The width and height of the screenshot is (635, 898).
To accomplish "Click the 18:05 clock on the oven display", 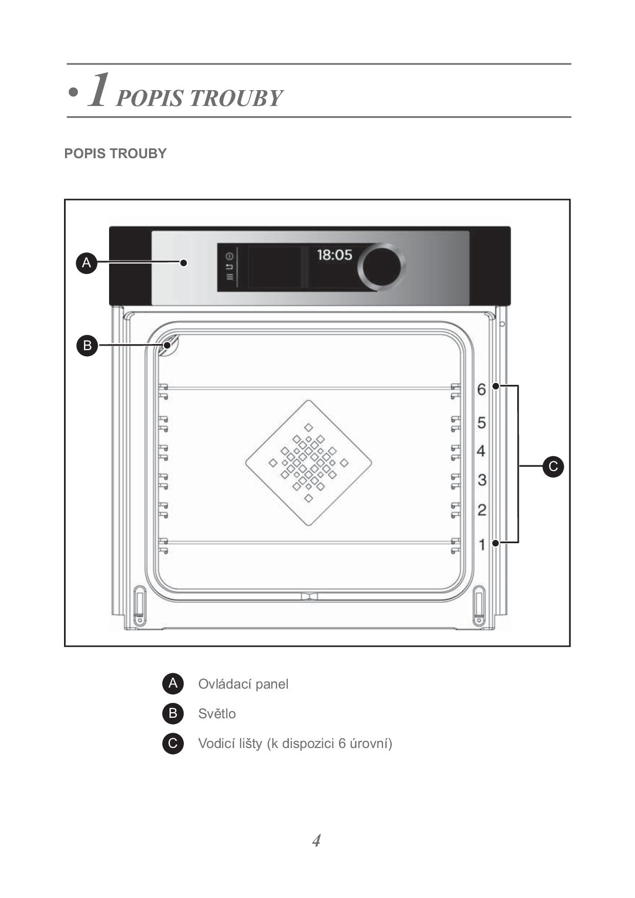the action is tap(334, 254).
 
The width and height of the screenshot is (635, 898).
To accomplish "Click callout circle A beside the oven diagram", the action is tap(87, 263).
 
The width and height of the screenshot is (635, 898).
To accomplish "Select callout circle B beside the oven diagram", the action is tap(87, 345).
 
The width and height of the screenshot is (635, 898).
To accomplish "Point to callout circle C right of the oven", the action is tap(553, 466).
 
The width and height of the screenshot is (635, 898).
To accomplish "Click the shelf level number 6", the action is tap(481, 390).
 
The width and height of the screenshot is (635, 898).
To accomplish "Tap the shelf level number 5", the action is tap(481, 423).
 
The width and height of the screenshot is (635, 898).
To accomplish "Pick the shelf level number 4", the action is tap(481, 451).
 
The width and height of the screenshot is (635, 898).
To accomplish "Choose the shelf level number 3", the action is tap(481, 480).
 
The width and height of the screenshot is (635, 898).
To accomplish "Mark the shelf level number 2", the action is tap(481, 510).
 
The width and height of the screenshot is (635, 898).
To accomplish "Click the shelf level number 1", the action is tap(482, 545).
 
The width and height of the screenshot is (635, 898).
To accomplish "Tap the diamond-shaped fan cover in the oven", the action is tap(309, 463).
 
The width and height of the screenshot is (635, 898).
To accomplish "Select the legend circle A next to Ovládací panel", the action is tap(173, 683).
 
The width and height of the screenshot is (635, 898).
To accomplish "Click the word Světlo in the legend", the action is tap(217, 714).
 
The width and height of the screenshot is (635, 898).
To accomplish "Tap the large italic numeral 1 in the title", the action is tap(99, 90).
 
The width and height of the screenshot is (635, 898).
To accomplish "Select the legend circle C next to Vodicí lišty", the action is tap(173, 743).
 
